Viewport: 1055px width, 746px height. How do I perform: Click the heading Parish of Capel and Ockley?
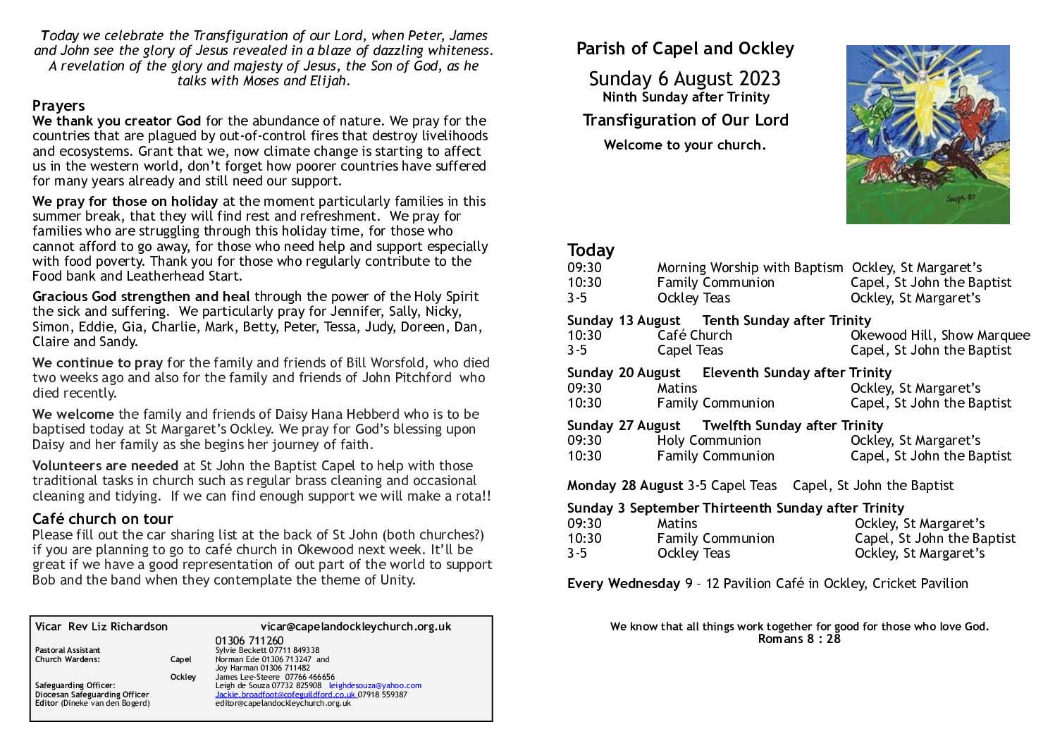[x=684, y=49]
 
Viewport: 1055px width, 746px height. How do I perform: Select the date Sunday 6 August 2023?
[x=684, y=78]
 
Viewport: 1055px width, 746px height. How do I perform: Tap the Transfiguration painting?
[x=927, y=135]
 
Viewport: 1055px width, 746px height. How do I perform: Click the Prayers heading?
[x=58, y=106]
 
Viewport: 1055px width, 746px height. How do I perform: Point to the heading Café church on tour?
[x=102, y=519]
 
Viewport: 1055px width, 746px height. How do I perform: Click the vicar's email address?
[x=356, y=626]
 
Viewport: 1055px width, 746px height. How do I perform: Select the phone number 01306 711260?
[x=249, y=640]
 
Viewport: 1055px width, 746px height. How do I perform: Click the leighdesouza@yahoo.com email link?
[x=375, y=685]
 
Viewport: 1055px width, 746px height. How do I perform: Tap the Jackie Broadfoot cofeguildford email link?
[x=285, y=695]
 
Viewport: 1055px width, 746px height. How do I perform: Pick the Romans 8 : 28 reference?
[x=799, y=639]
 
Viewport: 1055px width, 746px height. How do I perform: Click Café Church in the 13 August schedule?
[x=694, y=336]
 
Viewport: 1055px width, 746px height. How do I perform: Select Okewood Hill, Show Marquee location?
[x=939, y=336]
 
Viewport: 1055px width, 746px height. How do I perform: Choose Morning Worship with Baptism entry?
[x=749, y=268]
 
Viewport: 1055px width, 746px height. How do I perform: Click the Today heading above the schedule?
[x=591, y=250]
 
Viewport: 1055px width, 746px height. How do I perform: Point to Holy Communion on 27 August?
[x=708, y=441]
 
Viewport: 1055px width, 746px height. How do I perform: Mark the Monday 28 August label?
[x=624, y=486]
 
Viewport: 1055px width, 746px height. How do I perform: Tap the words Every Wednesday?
[x=623, y=583]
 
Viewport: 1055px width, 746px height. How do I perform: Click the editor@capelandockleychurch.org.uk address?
[x=283, y=703]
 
